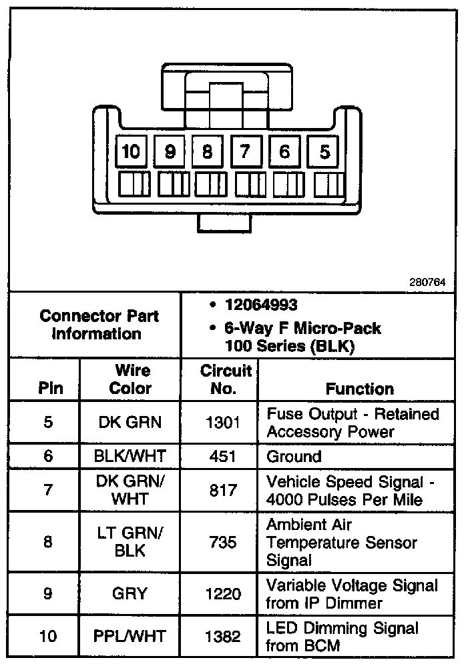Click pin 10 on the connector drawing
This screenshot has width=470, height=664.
point(131,153)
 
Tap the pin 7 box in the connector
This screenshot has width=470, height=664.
point(246,153)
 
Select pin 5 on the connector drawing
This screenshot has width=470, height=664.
point(324,153)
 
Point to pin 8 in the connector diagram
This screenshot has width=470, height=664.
point(207,153)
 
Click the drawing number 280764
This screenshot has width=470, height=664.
point(427,282)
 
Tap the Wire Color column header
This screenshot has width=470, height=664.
point(131,379)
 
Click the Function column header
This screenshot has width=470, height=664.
point(359,388)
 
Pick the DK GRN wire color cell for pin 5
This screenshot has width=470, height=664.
point(131,422)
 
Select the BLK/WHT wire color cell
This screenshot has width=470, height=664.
point(131,457)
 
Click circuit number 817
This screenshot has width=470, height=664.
point(222,490)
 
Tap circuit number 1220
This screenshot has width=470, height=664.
point(222,593)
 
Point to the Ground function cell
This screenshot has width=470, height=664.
point(294,457)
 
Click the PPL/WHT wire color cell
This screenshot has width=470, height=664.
point(131,636)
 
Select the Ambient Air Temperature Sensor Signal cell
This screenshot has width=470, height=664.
point(342,542)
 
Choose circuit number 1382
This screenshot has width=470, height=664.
point(222,636)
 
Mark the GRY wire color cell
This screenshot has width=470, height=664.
point(131,593)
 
